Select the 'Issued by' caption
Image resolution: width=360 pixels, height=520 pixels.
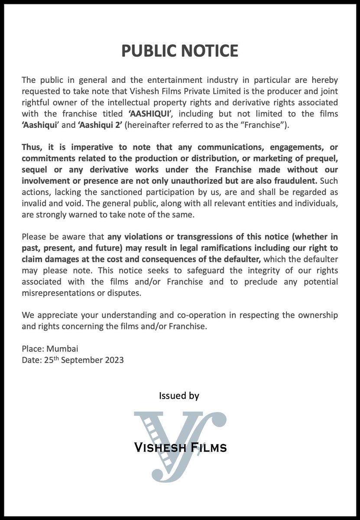[179, 396]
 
